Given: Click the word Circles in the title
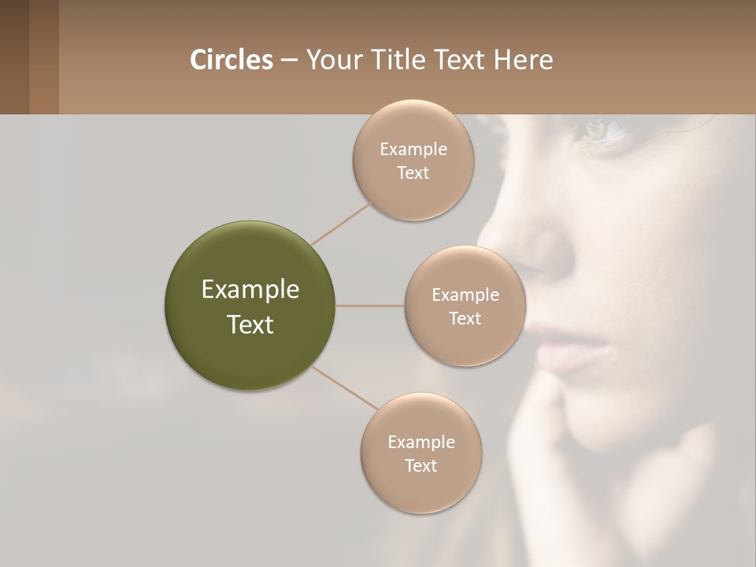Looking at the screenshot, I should tap(231, 60).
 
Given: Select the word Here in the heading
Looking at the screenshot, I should tap(524, 60).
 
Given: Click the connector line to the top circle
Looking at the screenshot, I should tap(340, 224).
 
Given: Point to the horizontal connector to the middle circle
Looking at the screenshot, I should tap(370, 306).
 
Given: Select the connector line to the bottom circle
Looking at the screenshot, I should tap(344, 388).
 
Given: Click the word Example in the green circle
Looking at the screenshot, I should tap(250, 290).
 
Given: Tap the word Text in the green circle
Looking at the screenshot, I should tap(250, 324).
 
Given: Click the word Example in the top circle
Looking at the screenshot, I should tap(413, 149).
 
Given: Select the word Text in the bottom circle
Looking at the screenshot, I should tap(421, 465).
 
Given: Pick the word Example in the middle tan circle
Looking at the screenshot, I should tap(465, 295).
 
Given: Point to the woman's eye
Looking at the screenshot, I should tap(596, 130).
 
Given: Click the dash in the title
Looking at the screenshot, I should tap(288, 61).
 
